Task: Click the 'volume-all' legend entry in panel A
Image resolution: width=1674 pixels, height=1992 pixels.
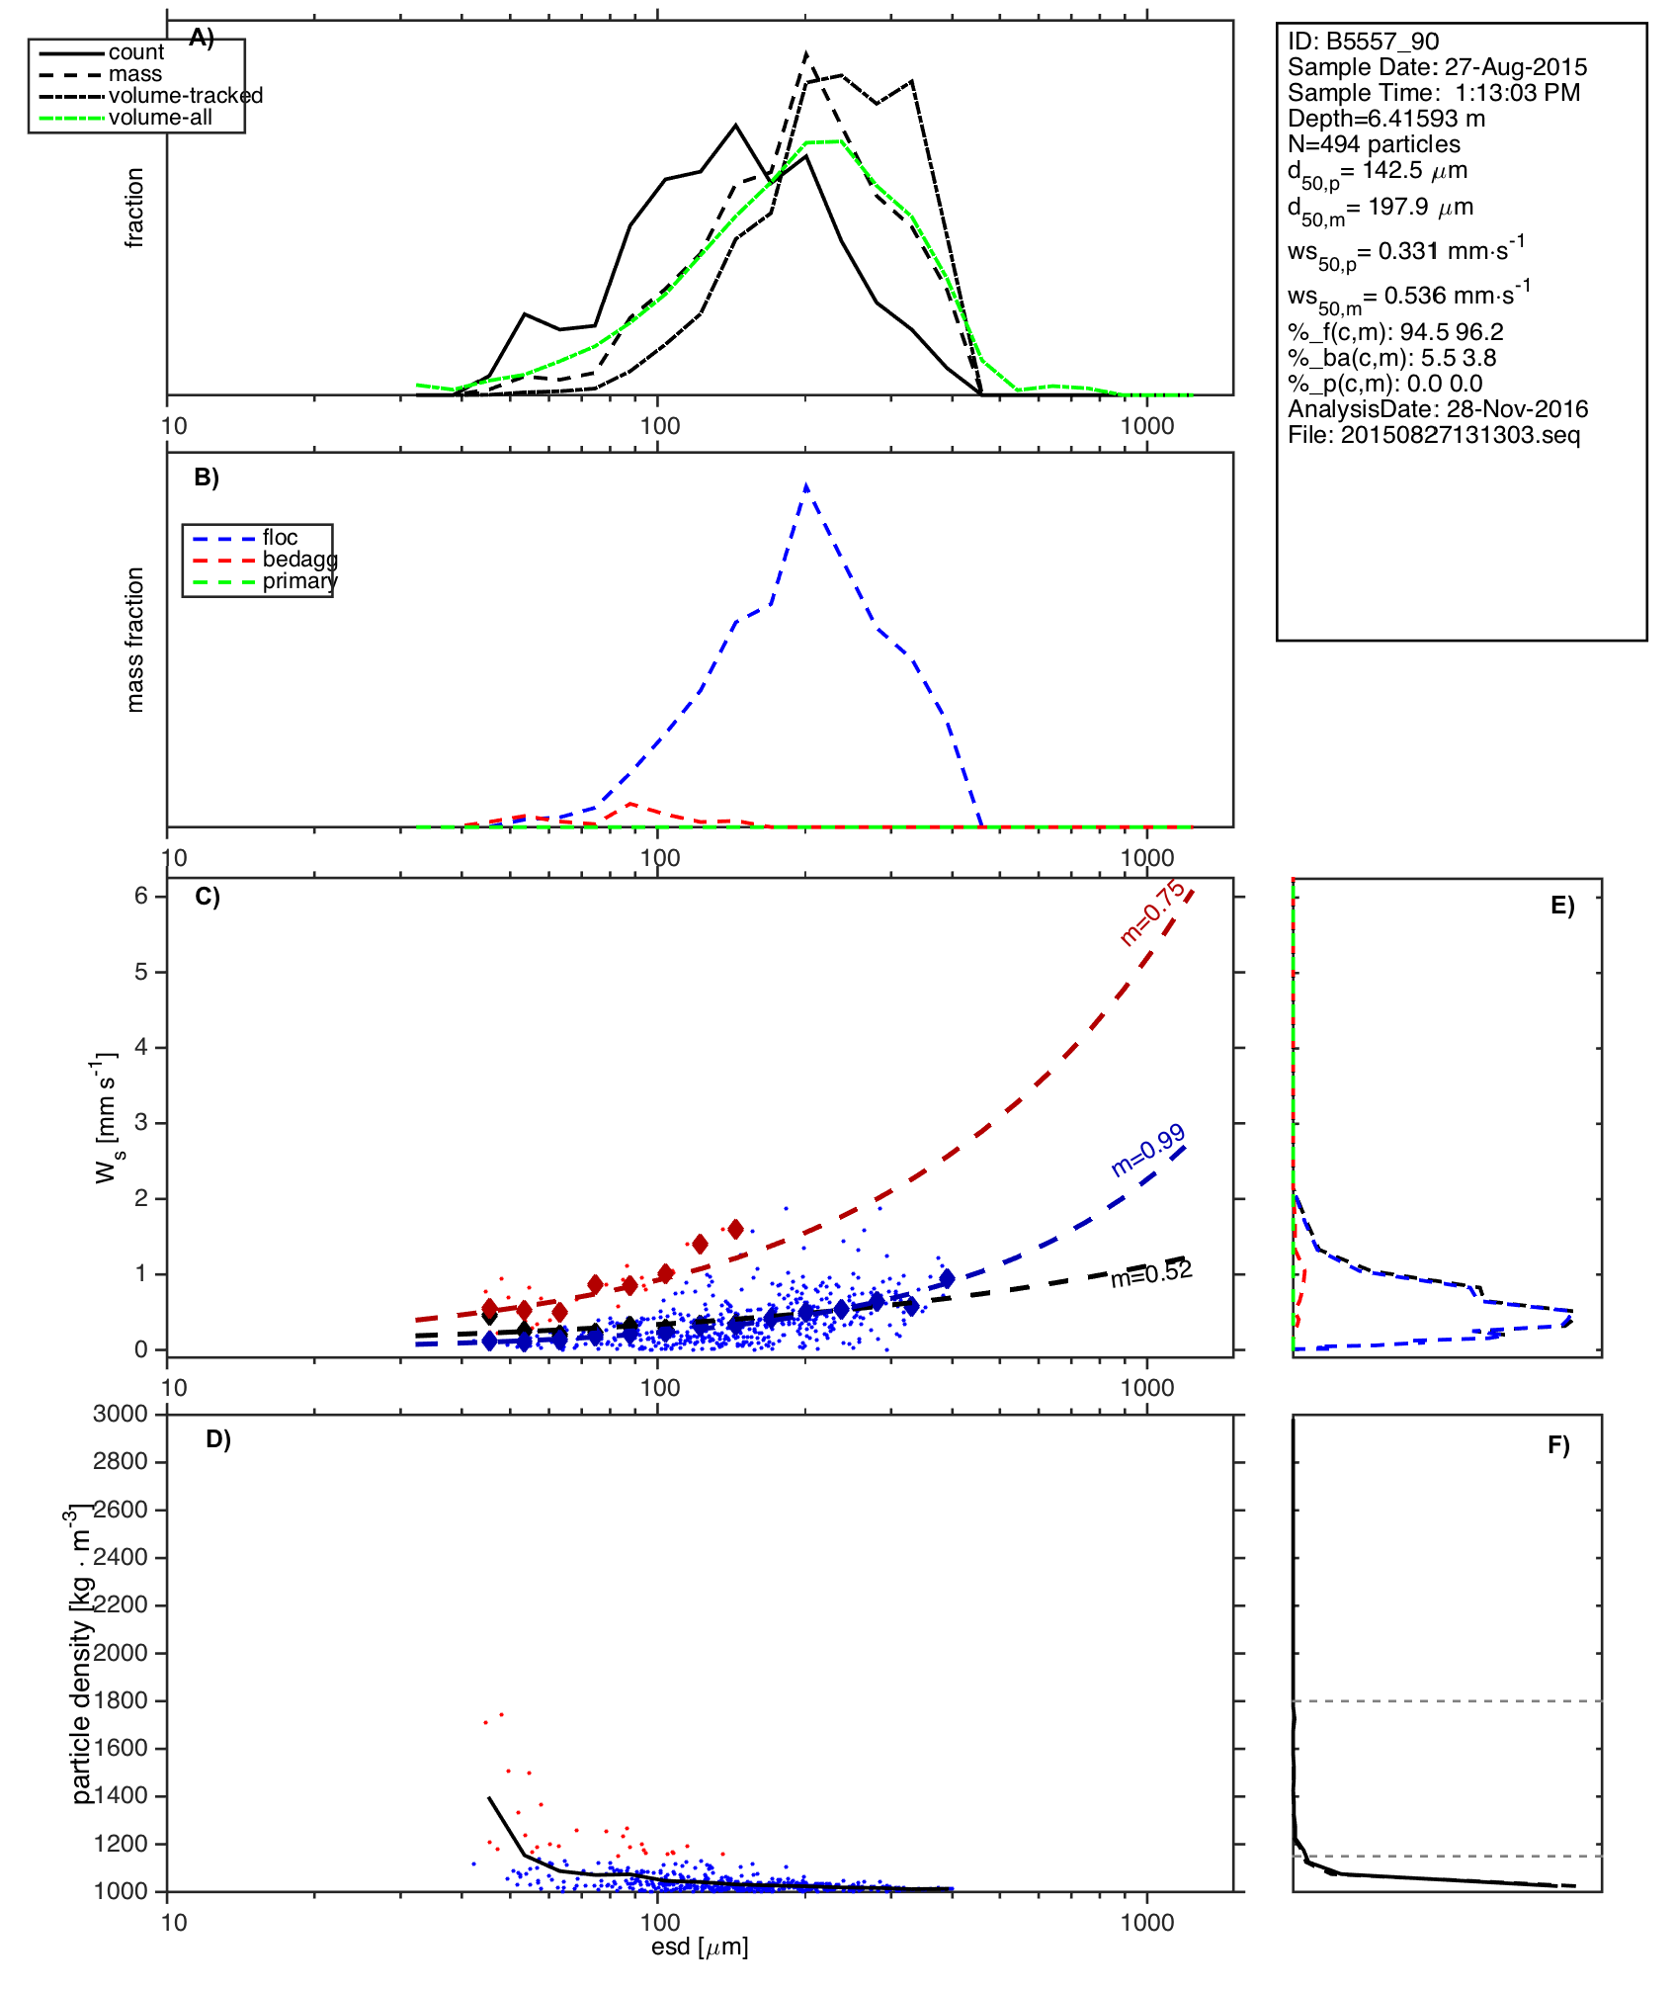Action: (x=160, y=118)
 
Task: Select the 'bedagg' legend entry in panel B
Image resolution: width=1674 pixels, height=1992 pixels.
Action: (x=299, y=560)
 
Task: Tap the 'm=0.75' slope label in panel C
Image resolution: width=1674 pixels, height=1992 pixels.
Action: (x=1152, y=913)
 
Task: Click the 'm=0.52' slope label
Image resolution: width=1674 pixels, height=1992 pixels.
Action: (x=1151, y=1274)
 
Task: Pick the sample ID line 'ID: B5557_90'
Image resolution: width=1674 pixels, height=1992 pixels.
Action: (x=1363, y=42)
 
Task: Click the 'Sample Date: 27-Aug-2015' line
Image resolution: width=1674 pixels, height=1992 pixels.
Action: (x=1437, y=67)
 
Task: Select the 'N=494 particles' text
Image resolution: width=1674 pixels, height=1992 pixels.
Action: (x=1374, y=144)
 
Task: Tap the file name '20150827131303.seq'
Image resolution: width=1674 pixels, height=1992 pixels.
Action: (x=1460, y=435)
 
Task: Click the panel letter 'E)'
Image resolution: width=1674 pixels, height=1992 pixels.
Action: (x=1562, y=906)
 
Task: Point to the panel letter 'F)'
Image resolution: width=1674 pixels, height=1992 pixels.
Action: (x=1558, y=1445)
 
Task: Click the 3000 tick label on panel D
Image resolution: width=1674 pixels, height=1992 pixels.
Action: (x=121, y=1414)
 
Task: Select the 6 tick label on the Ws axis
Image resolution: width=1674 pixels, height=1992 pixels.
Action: (x=141, y=896)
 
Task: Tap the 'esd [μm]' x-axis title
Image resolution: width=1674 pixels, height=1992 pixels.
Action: (x=700, y=1947)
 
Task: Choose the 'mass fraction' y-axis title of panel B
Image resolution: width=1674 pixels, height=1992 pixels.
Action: (x=135, y=640)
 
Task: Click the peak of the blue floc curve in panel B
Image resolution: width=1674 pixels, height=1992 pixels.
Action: (x=806, y=486)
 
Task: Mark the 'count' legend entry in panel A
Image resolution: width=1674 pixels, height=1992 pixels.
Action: (x=136, y=52)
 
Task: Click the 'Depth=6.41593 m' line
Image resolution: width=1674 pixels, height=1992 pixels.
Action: (x=1385, y=119)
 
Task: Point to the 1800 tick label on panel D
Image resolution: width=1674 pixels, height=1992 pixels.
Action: (x=121, y=1700)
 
